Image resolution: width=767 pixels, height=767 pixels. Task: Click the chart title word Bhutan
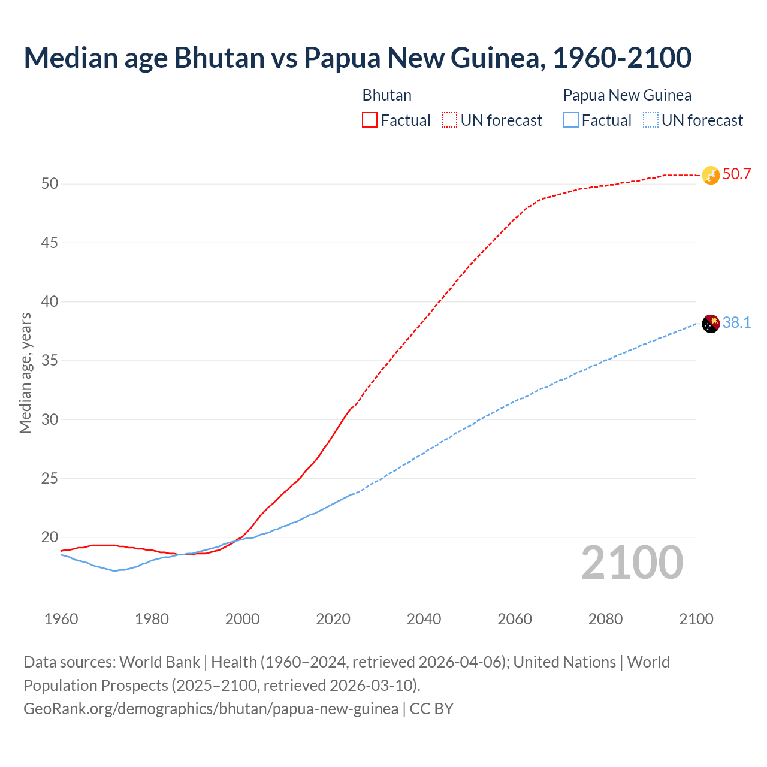pos(219,58)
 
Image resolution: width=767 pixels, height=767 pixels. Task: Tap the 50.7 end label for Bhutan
pos(736,174)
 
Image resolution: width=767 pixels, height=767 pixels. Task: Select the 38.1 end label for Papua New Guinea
pos(736,323)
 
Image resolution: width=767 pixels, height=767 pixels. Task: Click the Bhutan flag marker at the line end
pos(710,175)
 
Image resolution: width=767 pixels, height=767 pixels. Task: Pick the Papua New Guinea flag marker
pos(710,324)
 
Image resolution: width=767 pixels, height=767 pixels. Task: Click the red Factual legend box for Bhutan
pos(370,120)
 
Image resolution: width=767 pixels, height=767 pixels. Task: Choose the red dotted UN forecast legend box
pos(449,120)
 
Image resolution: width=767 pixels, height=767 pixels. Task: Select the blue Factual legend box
pos(571,120)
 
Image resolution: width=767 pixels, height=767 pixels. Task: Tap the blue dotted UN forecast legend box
pos(650,120)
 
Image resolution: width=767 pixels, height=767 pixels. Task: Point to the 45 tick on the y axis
pos(50,243)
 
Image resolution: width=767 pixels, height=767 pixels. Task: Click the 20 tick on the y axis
pos(50,537)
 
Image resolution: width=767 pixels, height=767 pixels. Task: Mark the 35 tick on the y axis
pos(50,361)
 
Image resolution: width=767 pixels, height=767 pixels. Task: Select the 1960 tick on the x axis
pos(61,619)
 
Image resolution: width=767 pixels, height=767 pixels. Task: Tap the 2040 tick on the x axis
pos(424,619)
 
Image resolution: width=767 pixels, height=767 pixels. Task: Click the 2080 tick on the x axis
pos(605,619)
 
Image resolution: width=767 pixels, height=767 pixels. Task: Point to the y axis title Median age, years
pos(25,373)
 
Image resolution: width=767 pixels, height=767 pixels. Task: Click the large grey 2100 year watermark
pos(632,562)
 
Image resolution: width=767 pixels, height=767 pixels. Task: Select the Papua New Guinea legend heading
pos(627,95)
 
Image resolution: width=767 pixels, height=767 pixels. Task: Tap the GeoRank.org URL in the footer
pos(211,709)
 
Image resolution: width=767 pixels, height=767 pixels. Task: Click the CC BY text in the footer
pos(431,709)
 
